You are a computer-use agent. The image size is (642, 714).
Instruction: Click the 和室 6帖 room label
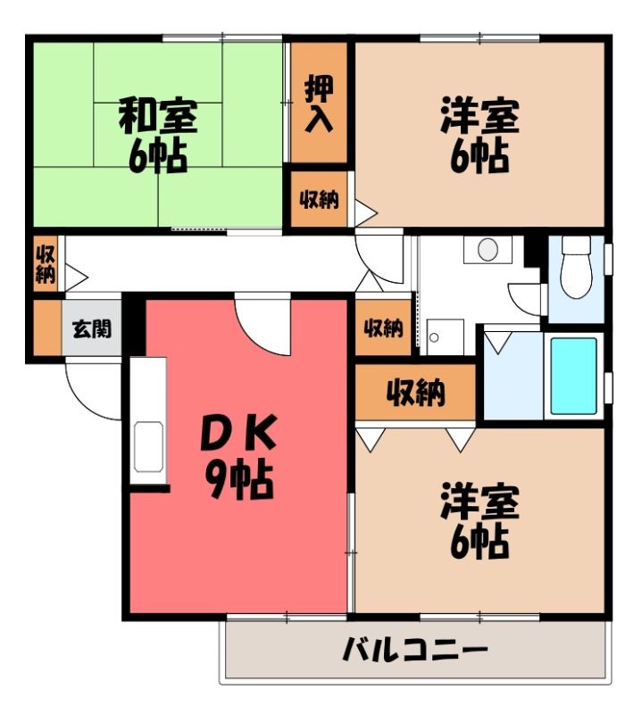coord(158,136)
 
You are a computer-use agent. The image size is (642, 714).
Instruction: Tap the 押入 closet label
coord(319,104)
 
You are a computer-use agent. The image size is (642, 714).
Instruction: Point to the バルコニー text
coord(415,650)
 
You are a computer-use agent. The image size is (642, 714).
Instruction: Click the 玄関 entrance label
coord(92,328)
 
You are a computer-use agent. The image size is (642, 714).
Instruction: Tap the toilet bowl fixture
coord(577,276)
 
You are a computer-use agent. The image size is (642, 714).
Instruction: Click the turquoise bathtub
coord(573,376)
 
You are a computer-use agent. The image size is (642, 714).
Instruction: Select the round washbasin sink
coord(488,249)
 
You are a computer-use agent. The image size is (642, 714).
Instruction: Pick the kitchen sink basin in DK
coord(148,447)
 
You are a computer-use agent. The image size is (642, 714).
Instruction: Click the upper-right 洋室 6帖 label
coord(479,136)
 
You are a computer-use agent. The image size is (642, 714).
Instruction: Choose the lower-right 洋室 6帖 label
coord(479,521)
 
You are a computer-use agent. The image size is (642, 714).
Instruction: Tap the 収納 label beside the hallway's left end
coord(46,263)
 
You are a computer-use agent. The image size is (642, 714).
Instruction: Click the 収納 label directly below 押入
coord(319,199)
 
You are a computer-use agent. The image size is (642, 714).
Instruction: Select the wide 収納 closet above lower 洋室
coord(415,392)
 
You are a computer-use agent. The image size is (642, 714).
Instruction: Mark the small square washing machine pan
coord(446,337)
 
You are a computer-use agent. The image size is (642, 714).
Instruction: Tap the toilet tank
coord(577,245)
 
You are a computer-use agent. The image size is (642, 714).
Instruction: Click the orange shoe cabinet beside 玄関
coord(47,327)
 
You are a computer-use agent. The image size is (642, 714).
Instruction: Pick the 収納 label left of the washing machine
coord(384,328)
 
